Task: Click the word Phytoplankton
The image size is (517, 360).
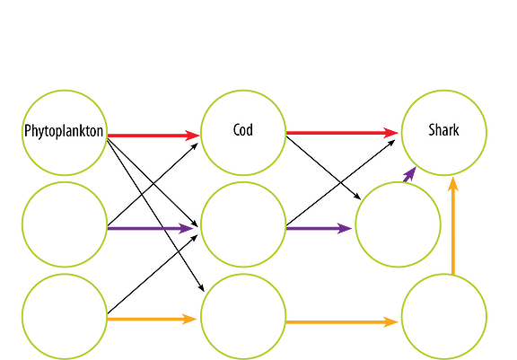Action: point(64,131)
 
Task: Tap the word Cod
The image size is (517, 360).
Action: point(243,129)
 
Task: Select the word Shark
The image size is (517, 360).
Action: point(443,130)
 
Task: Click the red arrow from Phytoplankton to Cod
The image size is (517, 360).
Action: point(153,136)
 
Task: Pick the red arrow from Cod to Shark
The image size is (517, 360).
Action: point(342,133)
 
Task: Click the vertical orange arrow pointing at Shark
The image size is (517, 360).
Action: point(453,226)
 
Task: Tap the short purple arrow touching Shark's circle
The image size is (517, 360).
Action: point(409,174)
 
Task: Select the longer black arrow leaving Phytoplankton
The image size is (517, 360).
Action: point(155,215)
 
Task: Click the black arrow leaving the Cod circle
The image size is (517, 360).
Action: point(323,168)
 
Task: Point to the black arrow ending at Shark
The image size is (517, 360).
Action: point(340,182)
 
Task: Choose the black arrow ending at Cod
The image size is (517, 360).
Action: point(153,184)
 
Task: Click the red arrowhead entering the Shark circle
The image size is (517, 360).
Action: point(390,133)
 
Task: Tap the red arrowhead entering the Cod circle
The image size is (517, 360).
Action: point(192,136)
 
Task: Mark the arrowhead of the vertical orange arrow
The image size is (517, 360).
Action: point(453,184)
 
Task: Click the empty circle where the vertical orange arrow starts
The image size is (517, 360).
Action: point(443,317)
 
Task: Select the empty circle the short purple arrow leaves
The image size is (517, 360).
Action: point(398,224)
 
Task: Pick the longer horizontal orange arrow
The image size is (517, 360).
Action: point(342,321)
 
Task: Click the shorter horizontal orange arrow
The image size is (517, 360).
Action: point(152,319)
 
